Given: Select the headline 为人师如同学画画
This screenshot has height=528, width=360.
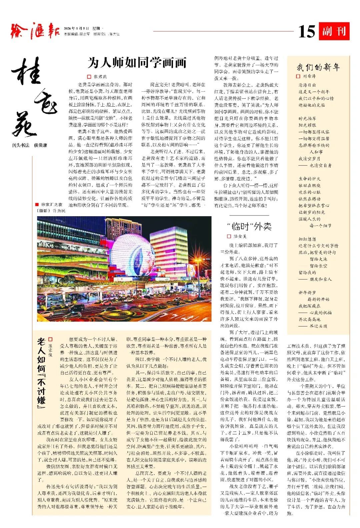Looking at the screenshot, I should click(137, 62).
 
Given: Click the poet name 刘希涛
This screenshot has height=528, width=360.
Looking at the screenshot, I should click(309, 76).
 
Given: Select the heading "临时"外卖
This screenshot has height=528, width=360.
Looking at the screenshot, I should click(249, 227).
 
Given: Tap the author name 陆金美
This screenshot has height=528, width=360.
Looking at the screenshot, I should click(240, 236).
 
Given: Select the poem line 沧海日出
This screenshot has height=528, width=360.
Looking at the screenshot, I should click(307, 85).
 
